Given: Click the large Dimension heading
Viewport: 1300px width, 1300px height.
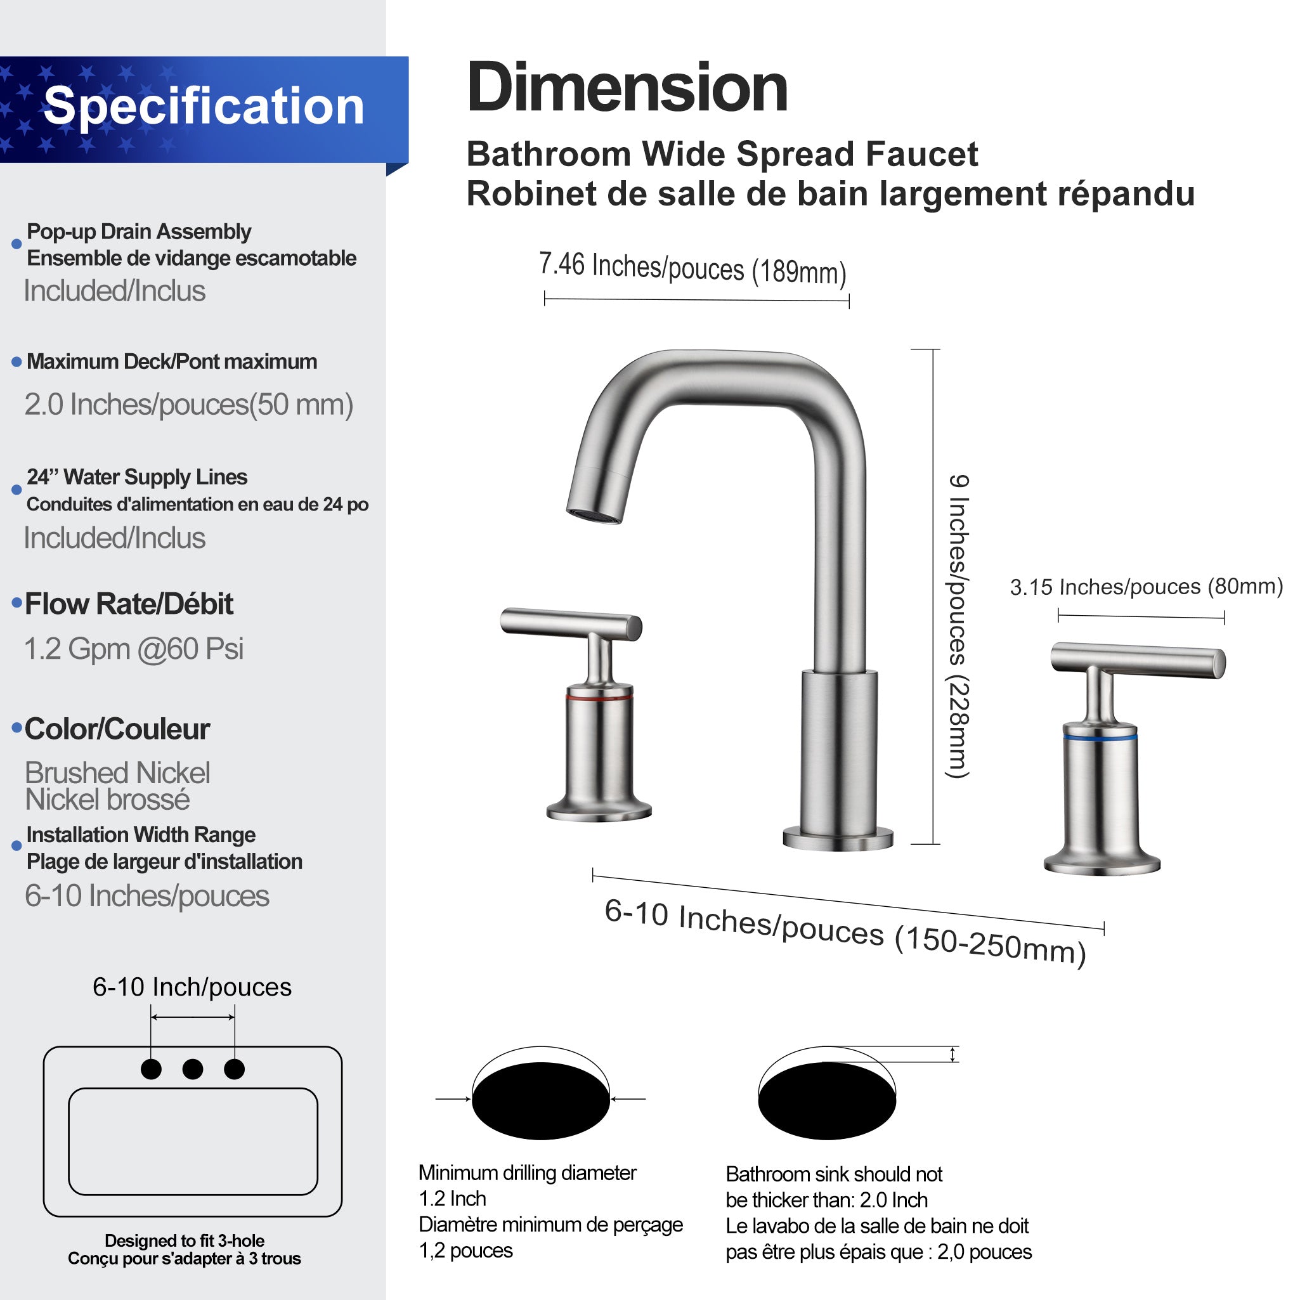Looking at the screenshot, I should point(627,88).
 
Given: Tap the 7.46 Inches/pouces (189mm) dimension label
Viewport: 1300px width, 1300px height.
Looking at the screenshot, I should point(692,267).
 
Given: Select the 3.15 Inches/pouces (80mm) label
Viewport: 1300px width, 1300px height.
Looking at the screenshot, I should point(1146,587).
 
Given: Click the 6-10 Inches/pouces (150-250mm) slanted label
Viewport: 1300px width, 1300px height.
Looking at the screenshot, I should point(845,932).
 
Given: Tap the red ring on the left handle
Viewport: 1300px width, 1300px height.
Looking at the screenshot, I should point(598,698).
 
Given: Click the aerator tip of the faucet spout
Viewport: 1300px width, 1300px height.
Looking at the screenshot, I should point(594,516).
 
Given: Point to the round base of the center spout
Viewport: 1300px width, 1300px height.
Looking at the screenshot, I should point(838,840).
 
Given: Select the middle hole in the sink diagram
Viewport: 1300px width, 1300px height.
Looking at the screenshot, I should point(192,1069).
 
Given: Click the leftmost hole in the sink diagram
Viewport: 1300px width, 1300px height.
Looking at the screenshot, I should point(152,1069).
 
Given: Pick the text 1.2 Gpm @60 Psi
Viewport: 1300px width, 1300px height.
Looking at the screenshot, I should point(133,649).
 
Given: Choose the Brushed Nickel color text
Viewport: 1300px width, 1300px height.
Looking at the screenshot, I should point(117,772).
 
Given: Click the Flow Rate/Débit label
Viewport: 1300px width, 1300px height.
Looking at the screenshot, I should point(129,604).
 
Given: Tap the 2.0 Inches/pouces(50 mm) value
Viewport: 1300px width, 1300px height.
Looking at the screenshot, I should point(188,405).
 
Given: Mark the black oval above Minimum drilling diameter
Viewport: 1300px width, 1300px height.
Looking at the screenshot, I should point(540,1102).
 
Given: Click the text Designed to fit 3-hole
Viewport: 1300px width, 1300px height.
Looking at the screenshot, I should point(185,1240).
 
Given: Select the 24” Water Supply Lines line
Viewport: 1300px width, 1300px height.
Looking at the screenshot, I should point(136,477).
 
